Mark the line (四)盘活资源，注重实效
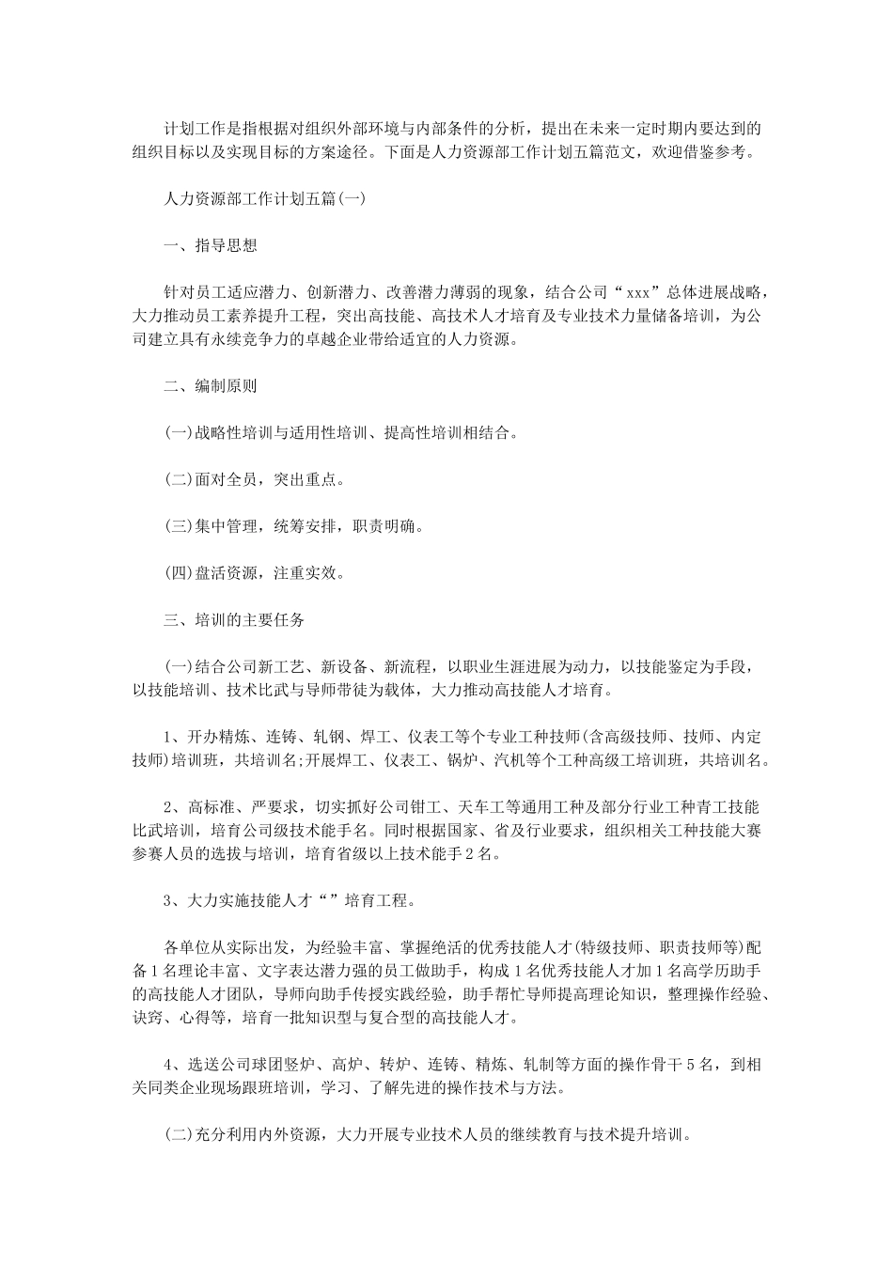(254, 572)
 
